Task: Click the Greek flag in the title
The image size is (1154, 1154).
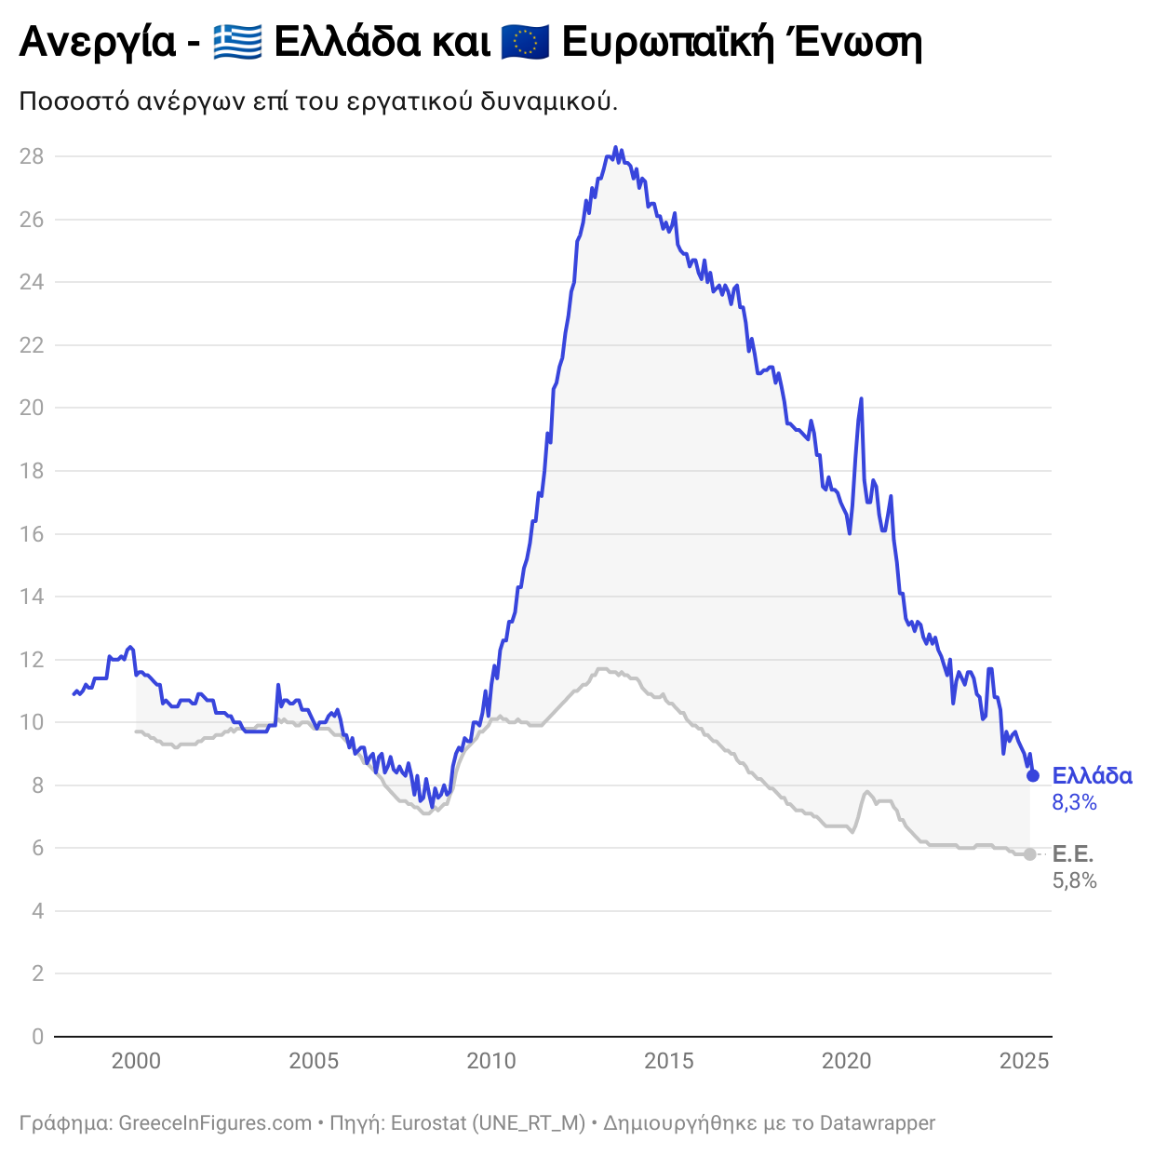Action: pos(236,42)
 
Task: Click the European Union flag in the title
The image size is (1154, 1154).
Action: pos(525,42)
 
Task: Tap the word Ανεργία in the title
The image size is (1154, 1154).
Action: pos(97,43)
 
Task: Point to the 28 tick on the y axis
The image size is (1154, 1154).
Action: pos(32,156)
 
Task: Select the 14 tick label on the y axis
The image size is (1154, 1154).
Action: pos(32,597)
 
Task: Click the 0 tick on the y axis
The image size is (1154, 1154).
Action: pos(37,1037)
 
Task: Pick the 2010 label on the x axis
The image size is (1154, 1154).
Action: pos(491,1061)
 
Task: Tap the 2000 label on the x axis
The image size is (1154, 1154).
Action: pos(136,1061)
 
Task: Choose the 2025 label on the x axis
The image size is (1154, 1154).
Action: pos(1024,1061)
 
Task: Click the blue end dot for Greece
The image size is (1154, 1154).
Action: pos(1032,776)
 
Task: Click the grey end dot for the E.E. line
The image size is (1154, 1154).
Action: pos(1030,854)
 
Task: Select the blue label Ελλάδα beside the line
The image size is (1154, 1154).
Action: pos(1092,776)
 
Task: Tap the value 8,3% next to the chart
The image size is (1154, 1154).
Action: pos(1074,802)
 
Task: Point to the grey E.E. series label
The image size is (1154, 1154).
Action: pos(1072,854)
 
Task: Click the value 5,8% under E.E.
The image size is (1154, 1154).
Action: pos(1074,880)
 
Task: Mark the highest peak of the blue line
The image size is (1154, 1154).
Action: pos(615,147)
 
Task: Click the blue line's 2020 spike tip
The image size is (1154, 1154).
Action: pos(861,398)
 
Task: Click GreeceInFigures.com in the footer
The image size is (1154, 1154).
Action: pos(215,1123)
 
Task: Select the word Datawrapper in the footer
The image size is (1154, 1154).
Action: pos(877,1123)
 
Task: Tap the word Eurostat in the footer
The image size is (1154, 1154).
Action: pos(428,1123)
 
